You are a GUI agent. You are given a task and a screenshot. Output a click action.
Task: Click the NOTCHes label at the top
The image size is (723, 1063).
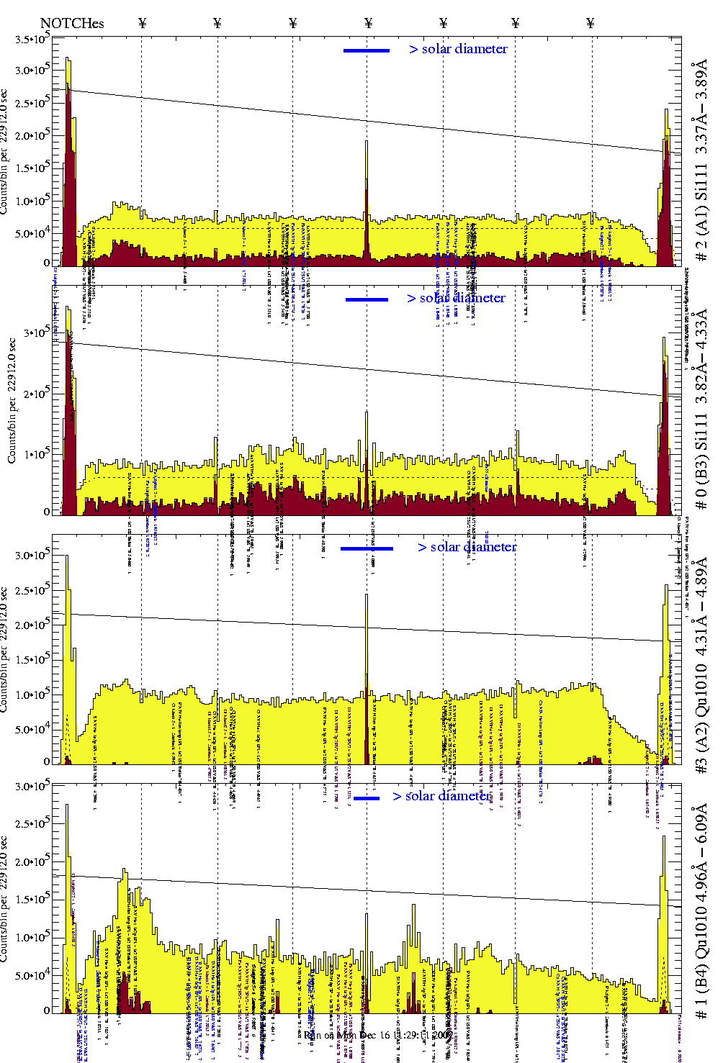point(72,24)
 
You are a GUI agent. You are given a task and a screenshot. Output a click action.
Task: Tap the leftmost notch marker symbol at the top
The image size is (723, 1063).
point(142,23)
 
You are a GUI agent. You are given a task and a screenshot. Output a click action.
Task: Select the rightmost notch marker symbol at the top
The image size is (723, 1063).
point(590,23)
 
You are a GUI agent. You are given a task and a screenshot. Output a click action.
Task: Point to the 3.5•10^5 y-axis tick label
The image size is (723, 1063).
point(32,40)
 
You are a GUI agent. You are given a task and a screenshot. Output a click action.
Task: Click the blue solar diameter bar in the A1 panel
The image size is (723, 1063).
point(367,50)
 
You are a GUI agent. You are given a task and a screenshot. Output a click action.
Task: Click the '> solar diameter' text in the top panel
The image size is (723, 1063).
point(458,49)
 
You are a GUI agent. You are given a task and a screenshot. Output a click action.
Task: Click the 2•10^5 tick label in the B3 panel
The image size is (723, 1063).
point(35,393)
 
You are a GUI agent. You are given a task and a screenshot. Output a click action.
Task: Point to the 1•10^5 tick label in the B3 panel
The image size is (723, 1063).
point(35,454)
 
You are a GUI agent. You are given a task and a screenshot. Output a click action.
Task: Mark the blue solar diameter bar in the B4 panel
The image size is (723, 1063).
point(367,798)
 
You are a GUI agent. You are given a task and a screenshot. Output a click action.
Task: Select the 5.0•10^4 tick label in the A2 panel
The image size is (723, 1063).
point(32,730)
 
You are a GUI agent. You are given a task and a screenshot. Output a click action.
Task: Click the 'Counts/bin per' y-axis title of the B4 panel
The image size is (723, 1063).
point(6,900)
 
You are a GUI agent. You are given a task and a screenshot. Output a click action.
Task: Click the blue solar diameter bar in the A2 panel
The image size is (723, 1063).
point(367,548)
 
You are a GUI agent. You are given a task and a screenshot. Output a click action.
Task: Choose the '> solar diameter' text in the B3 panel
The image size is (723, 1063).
point(456,298)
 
